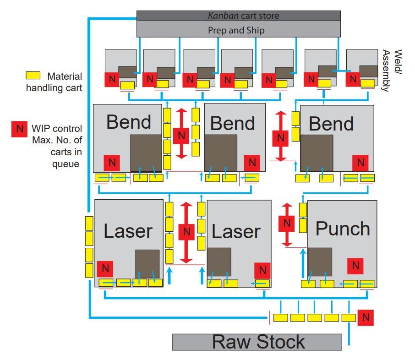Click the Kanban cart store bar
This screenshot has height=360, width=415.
tap(239, 16)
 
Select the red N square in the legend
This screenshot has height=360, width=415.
tap(19, 129)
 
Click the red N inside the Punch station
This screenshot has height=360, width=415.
tap(355, 266)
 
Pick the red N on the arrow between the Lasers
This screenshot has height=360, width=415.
tap(186, 232)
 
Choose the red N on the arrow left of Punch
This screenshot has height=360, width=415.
tap(287, 223)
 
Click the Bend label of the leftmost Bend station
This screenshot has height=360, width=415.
tap(129, 122)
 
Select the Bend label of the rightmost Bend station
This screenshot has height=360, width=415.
tap(331, 124)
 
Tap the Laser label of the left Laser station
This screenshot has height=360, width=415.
tap(128, 231)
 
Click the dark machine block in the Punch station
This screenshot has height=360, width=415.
tap(320, 262)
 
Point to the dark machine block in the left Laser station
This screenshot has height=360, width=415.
tap(147, 264)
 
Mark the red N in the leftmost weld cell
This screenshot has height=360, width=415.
tap(111, 79)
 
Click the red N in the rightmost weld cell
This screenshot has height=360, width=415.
tap(353, 79)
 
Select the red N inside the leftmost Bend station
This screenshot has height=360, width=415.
tap(112, 162)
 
